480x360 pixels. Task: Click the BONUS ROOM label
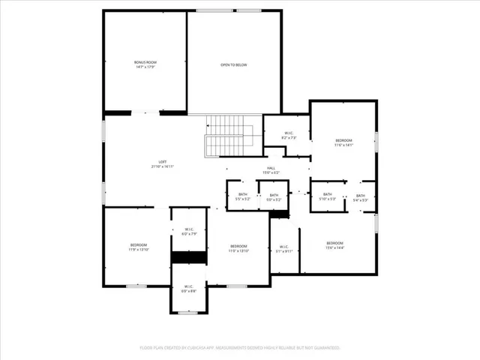coord(146,64)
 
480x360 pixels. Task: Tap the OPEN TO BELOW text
coord(233,65)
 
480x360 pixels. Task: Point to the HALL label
coord(271,170)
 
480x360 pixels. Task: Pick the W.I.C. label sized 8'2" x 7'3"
coord(289,136)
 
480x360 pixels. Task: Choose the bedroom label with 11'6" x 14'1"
coord(343,142)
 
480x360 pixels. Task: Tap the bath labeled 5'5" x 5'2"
coord(242,197)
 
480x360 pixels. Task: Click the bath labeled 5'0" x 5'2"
coord(274,197)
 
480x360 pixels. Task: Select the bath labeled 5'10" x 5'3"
coord(328,197)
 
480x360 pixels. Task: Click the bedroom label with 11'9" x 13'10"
coord(139,247)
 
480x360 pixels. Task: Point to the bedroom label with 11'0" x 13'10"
coord(238,248)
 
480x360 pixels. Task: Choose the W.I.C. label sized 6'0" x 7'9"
coord(188,232)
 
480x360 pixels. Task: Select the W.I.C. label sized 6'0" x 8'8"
coord(188,288)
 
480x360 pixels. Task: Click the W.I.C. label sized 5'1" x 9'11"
coord(284,249)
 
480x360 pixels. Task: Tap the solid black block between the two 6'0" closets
coord(188,257)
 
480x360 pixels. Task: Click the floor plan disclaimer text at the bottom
coord(240,348)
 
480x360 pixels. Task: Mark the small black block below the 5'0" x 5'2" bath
coord(279,214)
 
